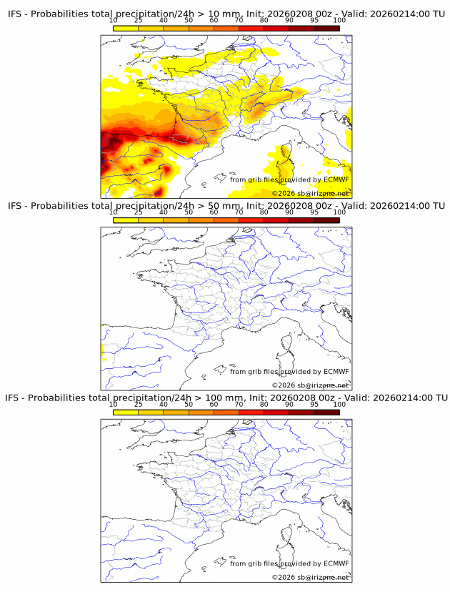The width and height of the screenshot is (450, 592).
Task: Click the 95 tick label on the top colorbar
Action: (x=314, y=20)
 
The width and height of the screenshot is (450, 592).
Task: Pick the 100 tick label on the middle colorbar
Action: (x=339, y=212)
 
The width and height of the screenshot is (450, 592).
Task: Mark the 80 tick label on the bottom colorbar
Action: (x=264, y=404)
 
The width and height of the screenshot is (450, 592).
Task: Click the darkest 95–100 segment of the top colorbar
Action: (x=327, y=29)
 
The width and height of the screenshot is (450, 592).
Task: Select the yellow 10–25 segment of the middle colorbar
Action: (x=126, y=220)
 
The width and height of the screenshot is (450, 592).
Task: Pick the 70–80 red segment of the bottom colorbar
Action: (x=251, y=412)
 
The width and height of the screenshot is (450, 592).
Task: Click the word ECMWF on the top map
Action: (x=336, y=179)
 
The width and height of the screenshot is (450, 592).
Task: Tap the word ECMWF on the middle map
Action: (x=336, y=371)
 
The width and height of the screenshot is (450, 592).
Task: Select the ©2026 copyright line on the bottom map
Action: (x=310, y=577)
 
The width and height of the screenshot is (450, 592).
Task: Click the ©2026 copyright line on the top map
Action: (x=310, y=194)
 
